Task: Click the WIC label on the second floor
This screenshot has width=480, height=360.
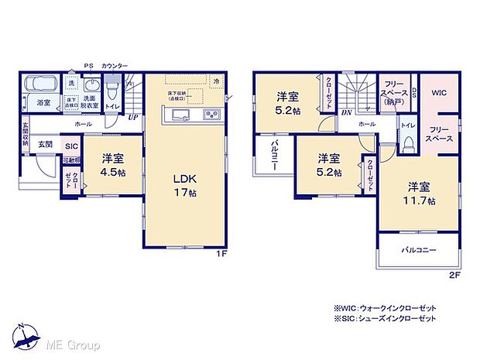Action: click(438, 92)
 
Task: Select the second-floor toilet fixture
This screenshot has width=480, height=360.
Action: click(407, 142)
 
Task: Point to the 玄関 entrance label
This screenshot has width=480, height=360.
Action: click(46, 144)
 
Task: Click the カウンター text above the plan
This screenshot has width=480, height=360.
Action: click(115, 67)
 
